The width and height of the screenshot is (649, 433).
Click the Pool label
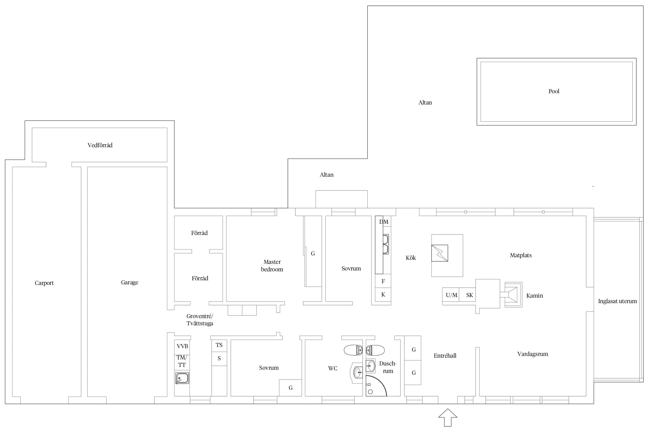pos(554,91)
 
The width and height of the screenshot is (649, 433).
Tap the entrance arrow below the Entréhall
pos(448,417)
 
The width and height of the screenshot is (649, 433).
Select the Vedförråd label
pos(100,145)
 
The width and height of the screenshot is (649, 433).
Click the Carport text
pos(44,283)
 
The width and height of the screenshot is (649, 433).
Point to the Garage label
pos(130,283)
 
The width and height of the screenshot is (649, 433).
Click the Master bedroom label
pos(272,266)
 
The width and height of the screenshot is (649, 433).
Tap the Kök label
pos(411,258)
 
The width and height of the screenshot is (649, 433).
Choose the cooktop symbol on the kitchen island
pos(440,253)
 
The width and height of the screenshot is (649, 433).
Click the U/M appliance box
pos(451,295)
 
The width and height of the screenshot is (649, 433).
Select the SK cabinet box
pos(467,295)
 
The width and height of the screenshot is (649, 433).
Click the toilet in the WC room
pos(353,350)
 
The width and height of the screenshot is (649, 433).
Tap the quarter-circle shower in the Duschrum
pos(376,386)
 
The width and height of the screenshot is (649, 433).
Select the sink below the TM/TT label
pos(182,378)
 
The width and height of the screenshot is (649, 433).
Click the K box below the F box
pos(383,295)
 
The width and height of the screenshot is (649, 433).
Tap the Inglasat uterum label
pos(617,301)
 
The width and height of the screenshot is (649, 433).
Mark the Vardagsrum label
pos(532,354)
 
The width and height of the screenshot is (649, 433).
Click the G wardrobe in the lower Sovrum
pos(290,388)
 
